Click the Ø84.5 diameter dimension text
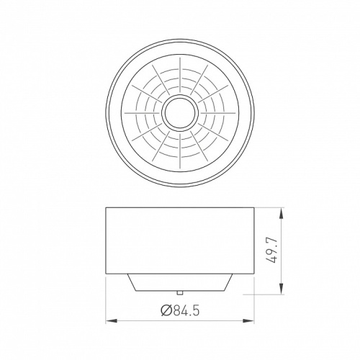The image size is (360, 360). pyautogui.click(x=180, y=310)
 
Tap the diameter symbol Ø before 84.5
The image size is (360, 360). pyautogui.click(x=166, y=311)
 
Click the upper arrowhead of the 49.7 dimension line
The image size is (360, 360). pyautogui.click(x=281, y=213)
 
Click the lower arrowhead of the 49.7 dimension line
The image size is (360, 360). pyautogui.click(x=281, y=289)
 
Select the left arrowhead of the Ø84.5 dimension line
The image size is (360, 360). pyautogui.click(x=112, y=320)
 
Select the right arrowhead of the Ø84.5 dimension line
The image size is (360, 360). pyautogui.click(x=248, y=320)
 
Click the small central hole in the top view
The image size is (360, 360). pyautogui.click(x=180, y=112)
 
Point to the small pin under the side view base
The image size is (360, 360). pyautogui.click(x=180, y=292)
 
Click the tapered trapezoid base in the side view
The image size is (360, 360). pyautogui.click(x=180, y=282)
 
